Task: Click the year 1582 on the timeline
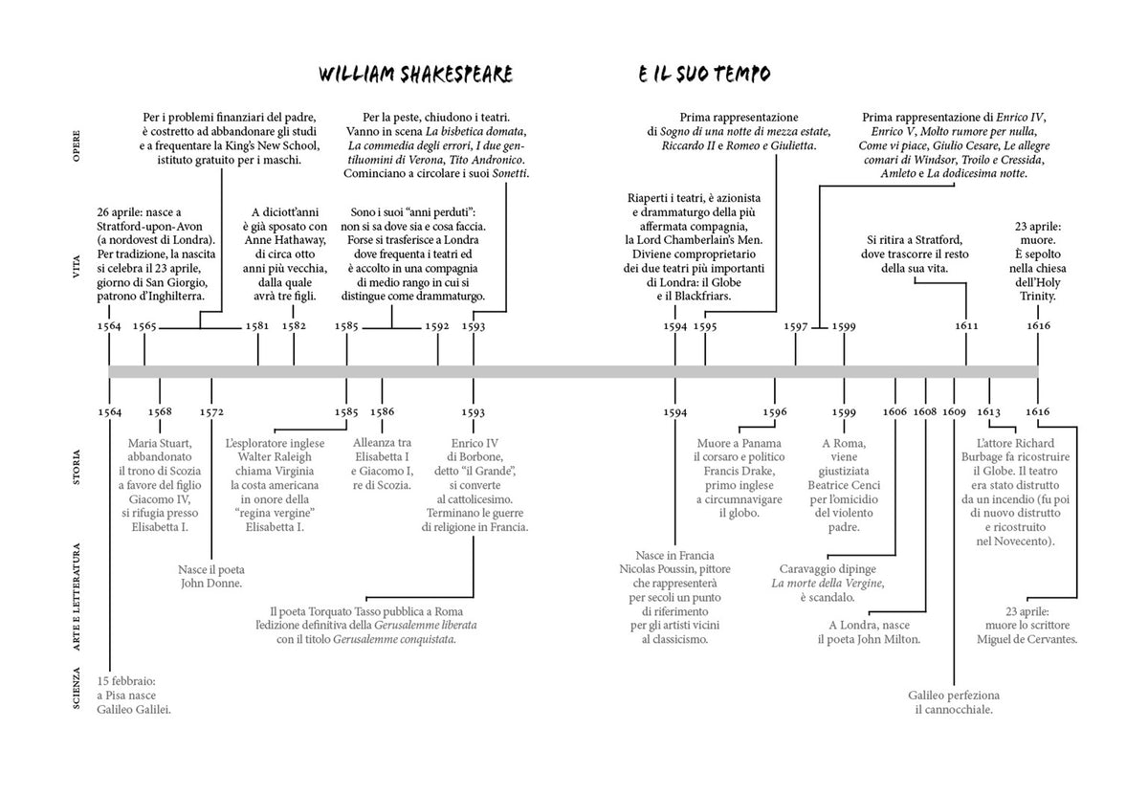click(295, 326)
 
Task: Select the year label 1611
click(966, 326)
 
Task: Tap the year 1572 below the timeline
click(211, 412)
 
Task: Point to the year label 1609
click(955, 412)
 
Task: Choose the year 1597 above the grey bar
click(796, 326)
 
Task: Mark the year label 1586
click(383, 412)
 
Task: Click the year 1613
click(988, 412)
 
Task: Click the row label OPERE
click(77, 146)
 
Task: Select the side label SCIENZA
click(77, 688)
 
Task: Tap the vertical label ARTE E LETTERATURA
click(77, 597)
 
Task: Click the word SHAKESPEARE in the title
click(456, 75)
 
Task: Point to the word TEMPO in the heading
click(742, 75)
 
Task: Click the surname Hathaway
click(300, 240)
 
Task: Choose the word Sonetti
click(509, 174)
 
